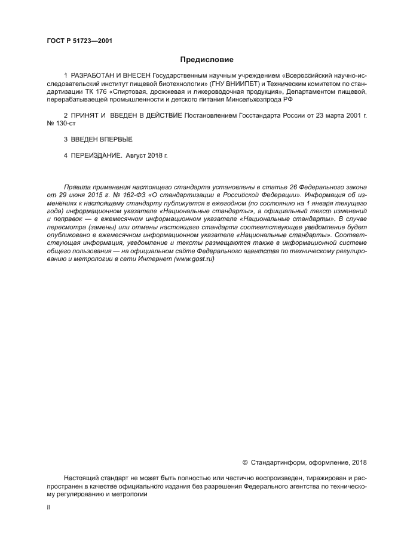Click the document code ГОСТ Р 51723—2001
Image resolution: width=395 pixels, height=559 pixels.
(x=79, y=41)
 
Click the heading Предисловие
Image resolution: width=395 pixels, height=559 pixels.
(x=207, y=60)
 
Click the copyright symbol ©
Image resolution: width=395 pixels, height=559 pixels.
(x=245, y=462)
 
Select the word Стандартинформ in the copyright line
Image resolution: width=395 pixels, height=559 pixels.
(x=275, y=462)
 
